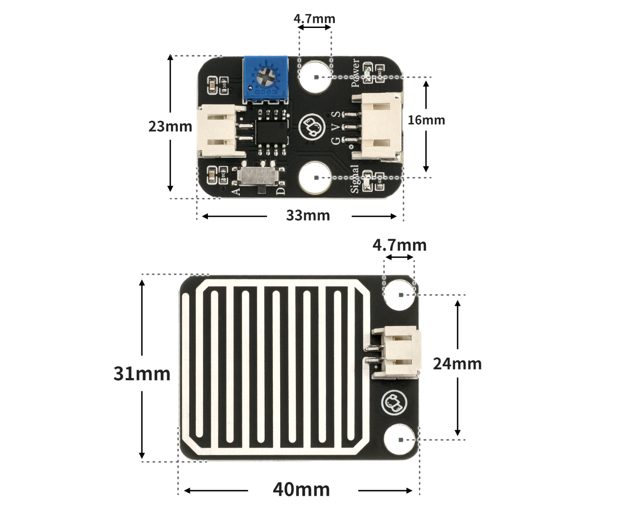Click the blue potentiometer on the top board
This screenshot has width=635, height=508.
[x=266, y=80]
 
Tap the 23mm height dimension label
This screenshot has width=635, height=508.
[x=170, y=126]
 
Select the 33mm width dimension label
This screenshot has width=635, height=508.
[x=308, y=215]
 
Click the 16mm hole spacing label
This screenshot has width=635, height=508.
[x=426, y=120]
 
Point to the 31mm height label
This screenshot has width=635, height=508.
[x=142, y=374]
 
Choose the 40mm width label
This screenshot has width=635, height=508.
[x=301, y=490]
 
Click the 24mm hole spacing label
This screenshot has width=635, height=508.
[x=457, y=364]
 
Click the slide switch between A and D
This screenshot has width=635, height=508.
[x=258, y=176]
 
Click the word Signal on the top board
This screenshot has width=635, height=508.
[x=354, y=179]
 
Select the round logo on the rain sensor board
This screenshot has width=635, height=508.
[x=395, y=403]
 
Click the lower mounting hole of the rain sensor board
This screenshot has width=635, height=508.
[x=400, y=439]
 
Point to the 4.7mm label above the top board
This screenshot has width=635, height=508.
[x=314, y=19]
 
